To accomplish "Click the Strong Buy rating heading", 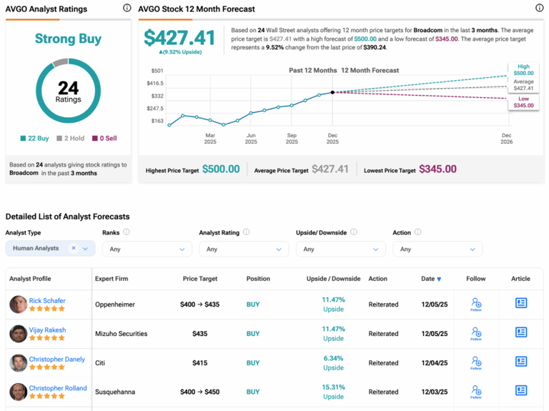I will [68, 39].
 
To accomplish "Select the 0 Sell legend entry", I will [104, 138].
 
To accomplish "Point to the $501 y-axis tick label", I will [157, 71].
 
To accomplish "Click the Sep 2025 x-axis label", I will [292, 138].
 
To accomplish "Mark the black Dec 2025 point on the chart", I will [332, 92].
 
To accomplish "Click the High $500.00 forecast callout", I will [523, 70].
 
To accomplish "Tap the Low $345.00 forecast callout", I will [523, 102].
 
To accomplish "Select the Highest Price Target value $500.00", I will [221, 169].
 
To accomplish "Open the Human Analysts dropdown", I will [50, 249].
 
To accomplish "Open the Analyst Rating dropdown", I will [243, 249].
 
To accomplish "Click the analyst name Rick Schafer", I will [48, 301].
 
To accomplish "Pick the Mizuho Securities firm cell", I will [121, 334].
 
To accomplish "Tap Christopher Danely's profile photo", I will [18, 363].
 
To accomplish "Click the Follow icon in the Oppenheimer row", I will [476, 304].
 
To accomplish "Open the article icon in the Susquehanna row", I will [521, 390].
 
